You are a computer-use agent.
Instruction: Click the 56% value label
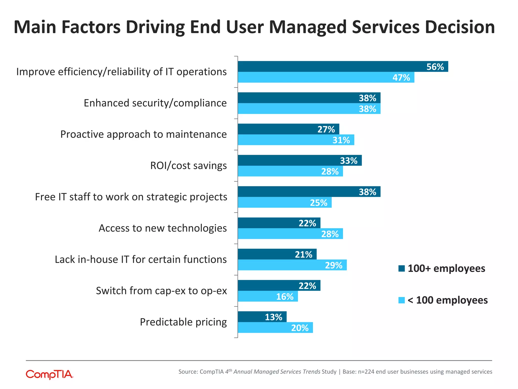click(x=435, y=67)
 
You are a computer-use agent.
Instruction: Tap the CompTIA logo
click(x=50, y=374)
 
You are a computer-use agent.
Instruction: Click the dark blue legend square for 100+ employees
click(x=401, y=268)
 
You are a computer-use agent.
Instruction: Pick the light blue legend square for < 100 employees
click(x=401, y=300)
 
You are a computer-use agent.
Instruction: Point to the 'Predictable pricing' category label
click(x=183, y=322)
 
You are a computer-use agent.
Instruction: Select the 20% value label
click(x=300, y=328)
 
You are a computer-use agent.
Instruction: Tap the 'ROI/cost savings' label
click(x=188, y=166)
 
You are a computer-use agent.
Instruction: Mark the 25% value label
click(x=318, y=203)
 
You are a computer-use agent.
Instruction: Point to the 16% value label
click(x=285, y=297)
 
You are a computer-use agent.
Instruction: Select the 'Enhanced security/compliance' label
click(x=155, y=103)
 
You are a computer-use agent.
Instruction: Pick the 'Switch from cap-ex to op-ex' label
click(x=161, y=291)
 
